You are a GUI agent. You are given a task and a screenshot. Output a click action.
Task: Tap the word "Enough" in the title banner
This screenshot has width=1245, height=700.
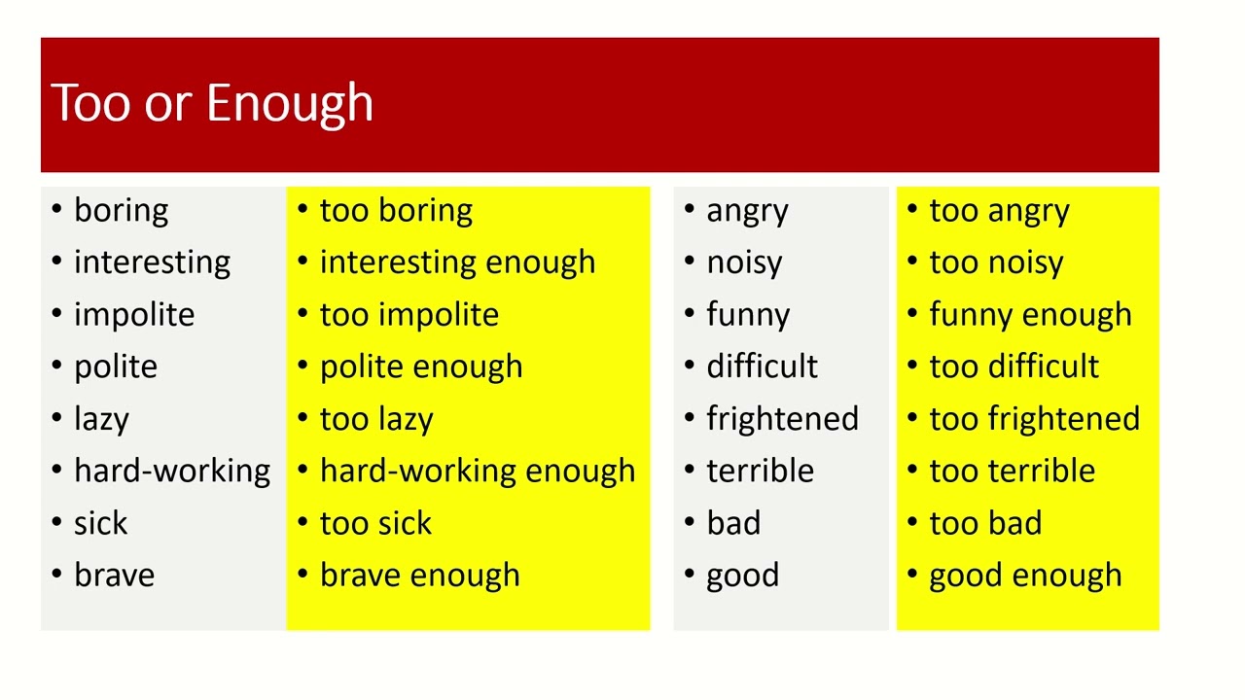[289, 104]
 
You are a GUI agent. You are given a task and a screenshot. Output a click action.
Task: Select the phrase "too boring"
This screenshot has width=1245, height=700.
[396, 211]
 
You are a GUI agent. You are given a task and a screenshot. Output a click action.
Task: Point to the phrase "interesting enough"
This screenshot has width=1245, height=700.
[457, 262]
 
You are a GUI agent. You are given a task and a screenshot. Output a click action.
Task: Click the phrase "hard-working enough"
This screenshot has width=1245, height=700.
[477, 472]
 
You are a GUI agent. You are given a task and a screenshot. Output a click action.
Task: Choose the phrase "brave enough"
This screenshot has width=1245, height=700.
[419, 576]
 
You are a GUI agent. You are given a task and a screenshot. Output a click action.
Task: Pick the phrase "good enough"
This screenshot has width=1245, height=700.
[1025, 576]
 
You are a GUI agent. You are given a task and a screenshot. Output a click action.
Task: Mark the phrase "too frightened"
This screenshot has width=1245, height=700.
[1034, 419]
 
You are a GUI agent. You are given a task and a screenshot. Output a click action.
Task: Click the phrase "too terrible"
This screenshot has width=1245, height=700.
[1012, 472]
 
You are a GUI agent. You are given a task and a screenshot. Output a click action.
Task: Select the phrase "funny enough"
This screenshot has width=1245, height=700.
[1030, 315]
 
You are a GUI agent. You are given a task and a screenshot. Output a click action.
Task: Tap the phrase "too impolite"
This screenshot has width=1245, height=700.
[409, 315]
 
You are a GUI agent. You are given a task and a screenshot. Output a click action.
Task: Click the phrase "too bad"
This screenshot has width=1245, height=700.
[985, 523]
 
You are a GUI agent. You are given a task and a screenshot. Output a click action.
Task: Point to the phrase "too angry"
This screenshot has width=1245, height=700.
[999, 211]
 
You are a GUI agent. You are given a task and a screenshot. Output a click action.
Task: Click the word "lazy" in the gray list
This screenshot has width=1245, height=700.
[101, 419]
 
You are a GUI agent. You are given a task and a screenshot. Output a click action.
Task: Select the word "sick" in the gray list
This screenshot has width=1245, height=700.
[100, 523]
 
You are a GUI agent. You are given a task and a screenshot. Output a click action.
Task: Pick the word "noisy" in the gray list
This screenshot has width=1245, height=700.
[744, 262]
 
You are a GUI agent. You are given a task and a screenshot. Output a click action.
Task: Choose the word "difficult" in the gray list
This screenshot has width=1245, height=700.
[762, 367]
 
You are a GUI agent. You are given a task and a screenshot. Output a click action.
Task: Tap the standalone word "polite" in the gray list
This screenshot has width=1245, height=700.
[115, 367]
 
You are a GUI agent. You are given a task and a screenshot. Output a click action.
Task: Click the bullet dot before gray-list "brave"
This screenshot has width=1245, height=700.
[56, 574]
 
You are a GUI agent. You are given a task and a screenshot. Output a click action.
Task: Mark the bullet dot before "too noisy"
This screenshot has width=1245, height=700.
[912, 262]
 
